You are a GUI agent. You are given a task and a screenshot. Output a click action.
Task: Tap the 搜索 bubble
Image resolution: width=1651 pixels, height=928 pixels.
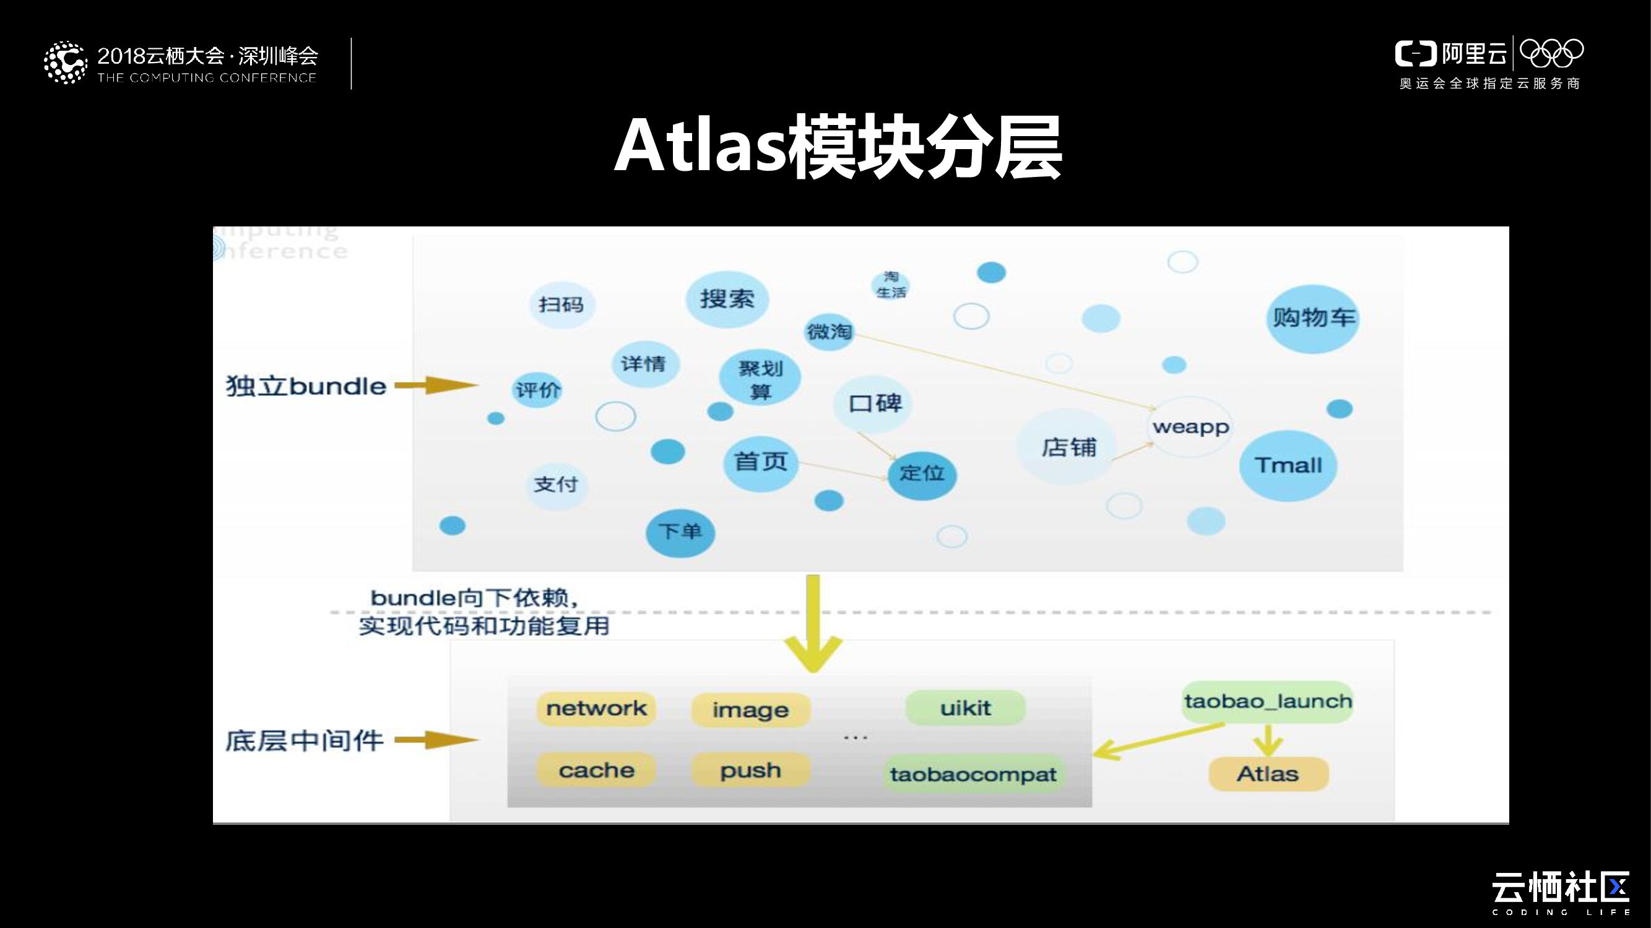pos(727,299)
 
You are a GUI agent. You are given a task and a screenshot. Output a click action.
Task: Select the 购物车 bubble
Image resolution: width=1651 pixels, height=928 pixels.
pos(1313,317)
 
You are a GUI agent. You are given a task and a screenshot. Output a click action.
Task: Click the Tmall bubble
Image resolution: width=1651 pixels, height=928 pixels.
pos(1288,466)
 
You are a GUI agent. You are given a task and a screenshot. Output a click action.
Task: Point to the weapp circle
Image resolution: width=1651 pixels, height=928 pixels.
pos(1190,426)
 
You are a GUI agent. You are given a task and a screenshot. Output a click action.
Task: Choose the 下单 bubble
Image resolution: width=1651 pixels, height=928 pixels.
pos(680,531)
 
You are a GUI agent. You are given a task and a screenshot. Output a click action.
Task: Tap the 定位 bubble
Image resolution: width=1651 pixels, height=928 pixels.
pos(922,474)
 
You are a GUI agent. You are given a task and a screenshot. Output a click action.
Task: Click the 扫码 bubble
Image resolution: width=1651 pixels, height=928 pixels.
pos(561,304)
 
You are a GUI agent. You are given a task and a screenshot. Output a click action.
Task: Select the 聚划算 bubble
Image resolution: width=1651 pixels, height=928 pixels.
pos(760,379)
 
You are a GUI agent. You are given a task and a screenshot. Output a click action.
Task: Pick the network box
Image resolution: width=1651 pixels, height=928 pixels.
pos(596,708)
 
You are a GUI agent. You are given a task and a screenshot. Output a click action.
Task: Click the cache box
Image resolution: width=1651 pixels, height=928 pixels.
pos(596,770)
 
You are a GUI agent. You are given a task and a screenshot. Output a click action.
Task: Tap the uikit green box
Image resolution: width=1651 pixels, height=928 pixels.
pos(965,708)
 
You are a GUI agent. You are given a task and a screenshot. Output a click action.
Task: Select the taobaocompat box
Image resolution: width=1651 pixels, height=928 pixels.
pos(973,775)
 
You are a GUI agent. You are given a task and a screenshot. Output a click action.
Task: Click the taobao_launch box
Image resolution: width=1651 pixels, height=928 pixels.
pos(1267,702)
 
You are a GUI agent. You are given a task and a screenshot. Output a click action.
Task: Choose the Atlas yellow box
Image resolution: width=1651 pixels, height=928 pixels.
pos(1268,775)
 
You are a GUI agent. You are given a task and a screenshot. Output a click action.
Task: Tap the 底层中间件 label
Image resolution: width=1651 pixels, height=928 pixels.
pos(304,741)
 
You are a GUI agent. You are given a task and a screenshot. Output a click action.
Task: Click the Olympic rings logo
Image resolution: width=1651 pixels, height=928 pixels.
pos(1551,53)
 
